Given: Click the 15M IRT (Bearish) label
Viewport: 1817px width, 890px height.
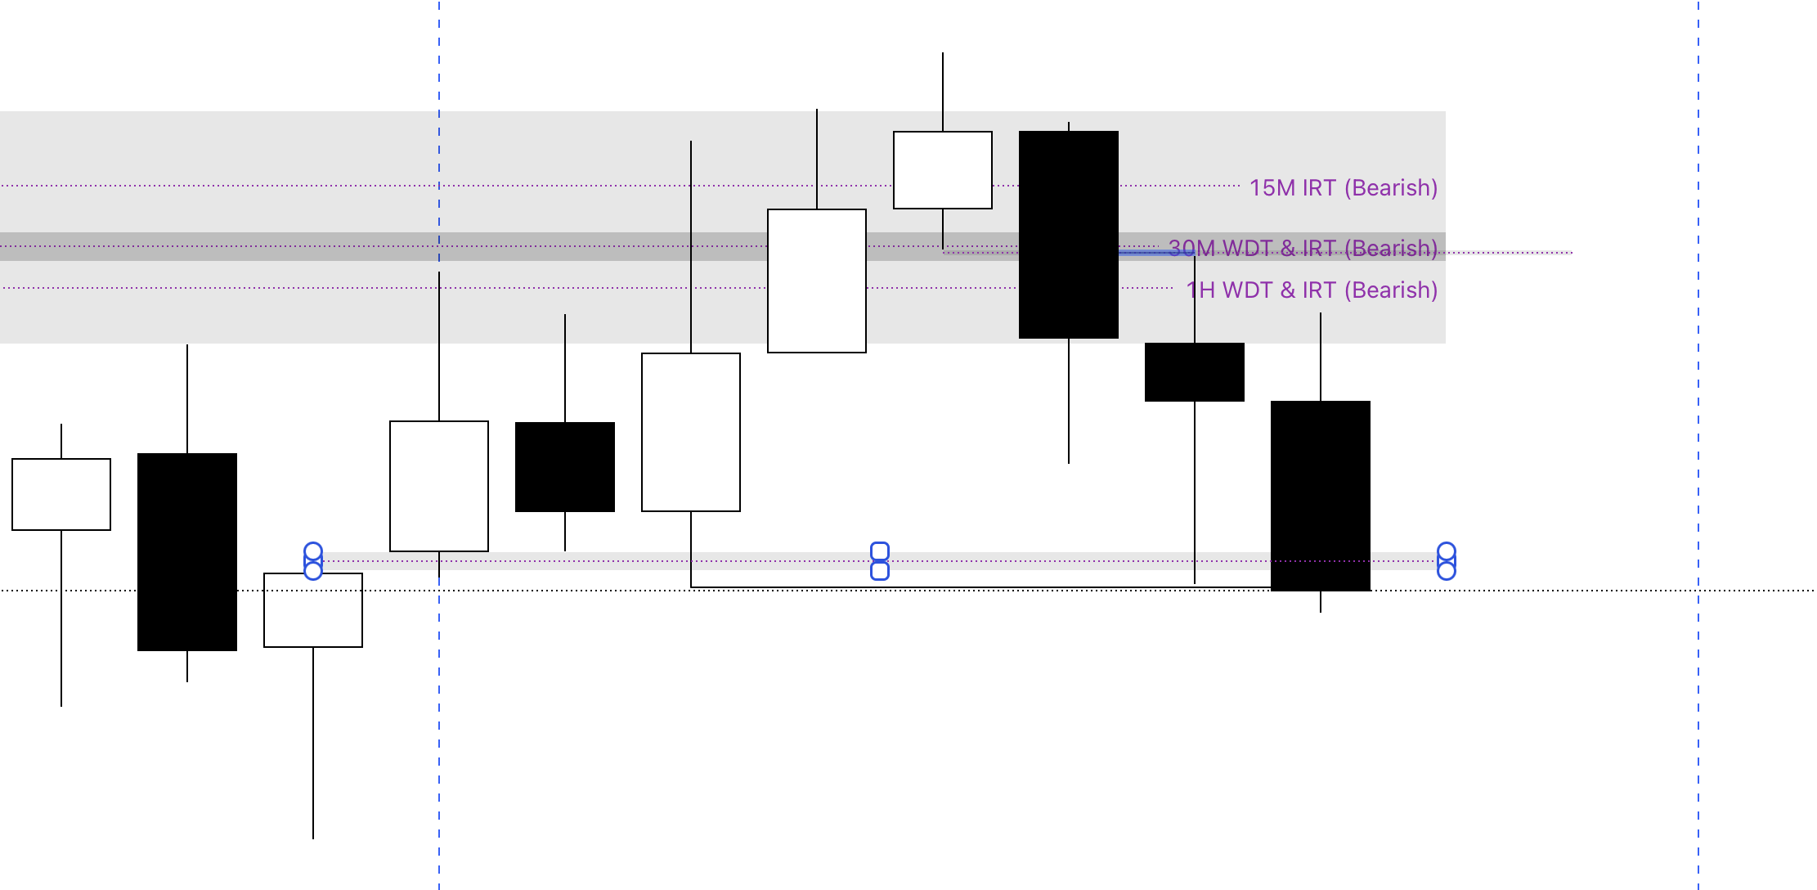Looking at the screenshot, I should click(x=1343, y=188).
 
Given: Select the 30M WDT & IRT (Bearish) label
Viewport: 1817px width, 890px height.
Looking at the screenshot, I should click(x=1302, y=248).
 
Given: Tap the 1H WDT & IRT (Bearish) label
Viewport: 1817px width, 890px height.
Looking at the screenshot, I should click(x=1312, y=290).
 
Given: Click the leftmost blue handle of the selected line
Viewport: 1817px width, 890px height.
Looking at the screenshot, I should click(x=313, y=561).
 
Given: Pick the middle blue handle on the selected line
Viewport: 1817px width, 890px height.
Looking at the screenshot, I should click(x=880, y=561).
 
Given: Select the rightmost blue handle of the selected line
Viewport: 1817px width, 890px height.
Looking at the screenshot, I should click(x=1446, y=561).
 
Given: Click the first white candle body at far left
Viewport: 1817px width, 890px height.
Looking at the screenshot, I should click(x=61, y=494).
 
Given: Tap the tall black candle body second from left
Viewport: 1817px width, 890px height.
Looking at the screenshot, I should click(x=187, y=552).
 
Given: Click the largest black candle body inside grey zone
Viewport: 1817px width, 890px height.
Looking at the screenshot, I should click(x=1069, y=235).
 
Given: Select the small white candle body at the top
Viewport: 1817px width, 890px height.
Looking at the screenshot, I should click(x=943, y=170).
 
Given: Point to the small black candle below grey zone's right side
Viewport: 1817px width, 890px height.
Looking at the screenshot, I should click(x=1195, y=372).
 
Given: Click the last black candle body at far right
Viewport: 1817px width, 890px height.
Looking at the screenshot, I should click(x=1321, y=496).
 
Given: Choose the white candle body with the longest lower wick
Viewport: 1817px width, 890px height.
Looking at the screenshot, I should click(x=313, y=610).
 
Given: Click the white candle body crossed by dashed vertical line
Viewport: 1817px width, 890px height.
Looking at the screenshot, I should click(x=439, y=486).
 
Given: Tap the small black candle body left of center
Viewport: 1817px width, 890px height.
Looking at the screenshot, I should click(x=565, y=467).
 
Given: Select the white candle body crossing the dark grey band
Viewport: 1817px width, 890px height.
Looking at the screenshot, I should click(x=817, y=281).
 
